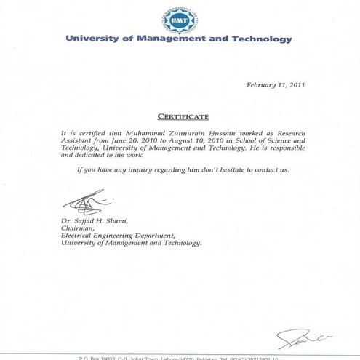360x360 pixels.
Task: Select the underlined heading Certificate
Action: point(183,116)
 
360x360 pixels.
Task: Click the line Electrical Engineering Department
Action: point(119,235)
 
